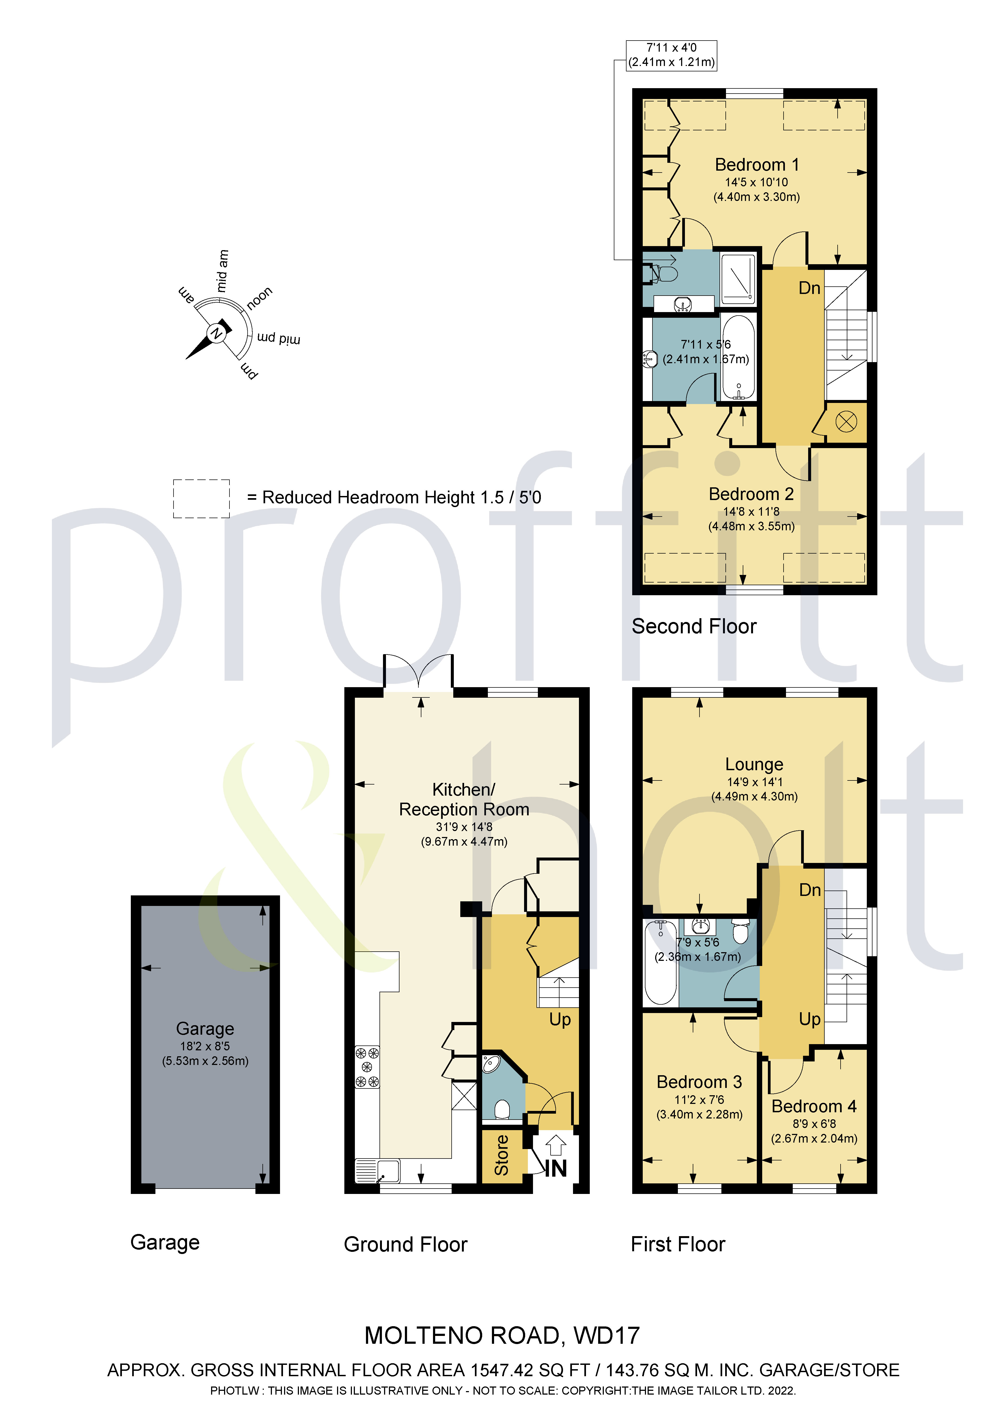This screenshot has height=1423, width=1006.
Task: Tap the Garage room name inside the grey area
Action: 205,1029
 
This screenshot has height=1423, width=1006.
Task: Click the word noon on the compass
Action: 259,298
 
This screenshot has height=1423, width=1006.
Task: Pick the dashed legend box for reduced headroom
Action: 201,498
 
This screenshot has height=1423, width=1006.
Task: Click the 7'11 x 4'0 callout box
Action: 671,55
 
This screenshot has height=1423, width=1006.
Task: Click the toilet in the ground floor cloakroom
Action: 502,1109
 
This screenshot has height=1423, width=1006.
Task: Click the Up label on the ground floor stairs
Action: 560,1020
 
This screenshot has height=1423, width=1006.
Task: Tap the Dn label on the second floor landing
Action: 809,288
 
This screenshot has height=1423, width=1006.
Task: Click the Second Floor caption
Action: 694,627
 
